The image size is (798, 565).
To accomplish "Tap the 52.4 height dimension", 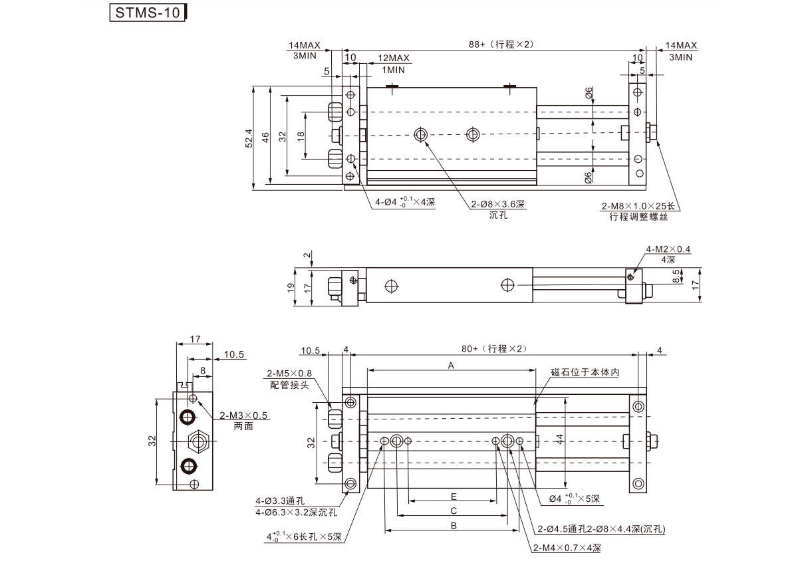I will click(249, 138).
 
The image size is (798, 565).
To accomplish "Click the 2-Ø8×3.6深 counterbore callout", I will click(498, 204).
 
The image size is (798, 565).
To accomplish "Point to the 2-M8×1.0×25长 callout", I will click(638, 206).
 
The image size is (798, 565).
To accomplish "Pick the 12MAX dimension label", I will click(394, 58).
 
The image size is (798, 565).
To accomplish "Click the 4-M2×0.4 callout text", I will click(668, 249).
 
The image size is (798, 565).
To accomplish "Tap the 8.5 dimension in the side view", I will click(676, 277).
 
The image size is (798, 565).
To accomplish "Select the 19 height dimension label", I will click(291, 287).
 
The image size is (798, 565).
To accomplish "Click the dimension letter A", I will click(451, 366).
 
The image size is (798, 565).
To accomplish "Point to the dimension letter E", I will click(453, 497).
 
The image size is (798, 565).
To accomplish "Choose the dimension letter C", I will click(453, 511).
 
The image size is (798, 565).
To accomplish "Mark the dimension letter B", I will click(453, 526).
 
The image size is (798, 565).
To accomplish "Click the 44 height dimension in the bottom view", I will click(560, 439).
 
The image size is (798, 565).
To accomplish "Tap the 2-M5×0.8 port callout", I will click(289, 373).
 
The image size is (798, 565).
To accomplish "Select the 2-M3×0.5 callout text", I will click(243, 415).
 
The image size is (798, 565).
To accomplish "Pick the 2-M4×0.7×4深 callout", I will click(567, 548).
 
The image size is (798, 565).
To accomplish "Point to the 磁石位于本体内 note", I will click(585, 373).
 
